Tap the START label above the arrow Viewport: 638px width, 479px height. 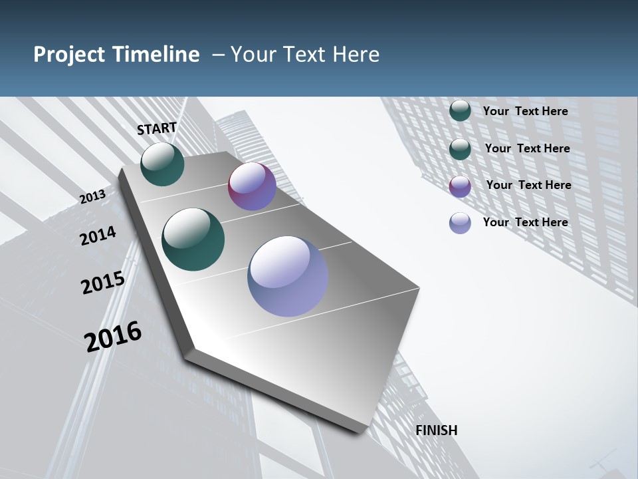tap(157, 128)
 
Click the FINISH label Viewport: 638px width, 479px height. tap(437, 430)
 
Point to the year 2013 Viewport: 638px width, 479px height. tap(92, 197)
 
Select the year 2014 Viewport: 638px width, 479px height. tap(98, 236)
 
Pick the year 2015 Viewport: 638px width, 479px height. tap(103, 283)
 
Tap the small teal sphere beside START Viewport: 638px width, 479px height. tap(162, 164)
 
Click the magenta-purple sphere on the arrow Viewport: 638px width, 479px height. tap(252, 186)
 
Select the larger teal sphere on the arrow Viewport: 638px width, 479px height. tap(193, 239)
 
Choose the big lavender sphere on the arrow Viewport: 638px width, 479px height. tap(288, 276)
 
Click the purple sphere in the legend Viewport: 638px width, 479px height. tap(460, 186)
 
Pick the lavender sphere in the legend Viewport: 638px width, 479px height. tap(460, 223)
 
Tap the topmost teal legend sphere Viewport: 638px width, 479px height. tap(460, 110)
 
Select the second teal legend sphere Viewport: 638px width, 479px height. tap(460, 148)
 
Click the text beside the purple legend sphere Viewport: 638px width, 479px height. tap(528, 185)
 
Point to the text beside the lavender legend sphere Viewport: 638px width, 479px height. tap(526, 222)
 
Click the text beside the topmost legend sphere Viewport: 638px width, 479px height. tap(526, 111)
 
